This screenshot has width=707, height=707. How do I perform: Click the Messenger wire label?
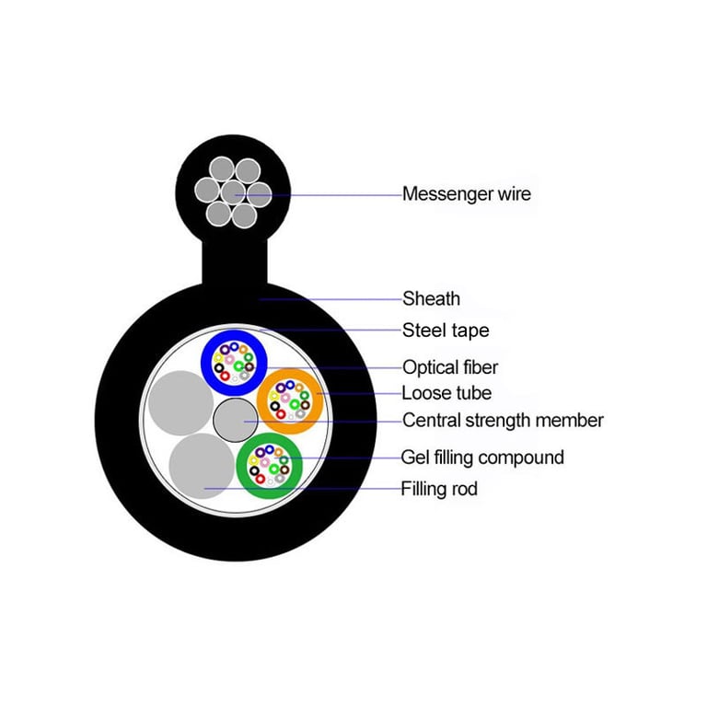466,194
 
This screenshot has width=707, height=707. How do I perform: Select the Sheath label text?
431,298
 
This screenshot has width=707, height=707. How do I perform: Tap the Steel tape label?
446,330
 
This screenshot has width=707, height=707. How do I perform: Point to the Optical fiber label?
450,367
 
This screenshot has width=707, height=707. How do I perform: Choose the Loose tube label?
446,393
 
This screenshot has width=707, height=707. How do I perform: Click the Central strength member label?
503,421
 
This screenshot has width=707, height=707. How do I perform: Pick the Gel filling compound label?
482,457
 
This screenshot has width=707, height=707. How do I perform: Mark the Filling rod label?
439,489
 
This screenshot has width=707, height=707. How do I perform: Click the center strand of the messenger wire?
233,193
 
